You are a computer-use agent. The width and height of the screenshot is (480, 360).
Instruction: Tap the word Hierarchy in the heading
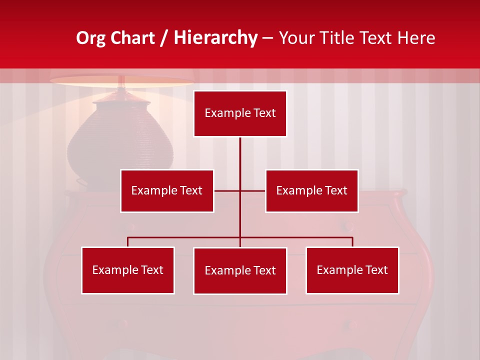coord(215,38)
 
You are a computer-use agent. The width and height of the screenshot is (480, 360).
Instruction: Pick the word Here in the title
coord(416,38)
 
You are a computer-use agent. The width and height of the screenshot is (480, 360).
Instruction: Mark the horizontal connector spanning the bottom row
coord(185,237)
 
